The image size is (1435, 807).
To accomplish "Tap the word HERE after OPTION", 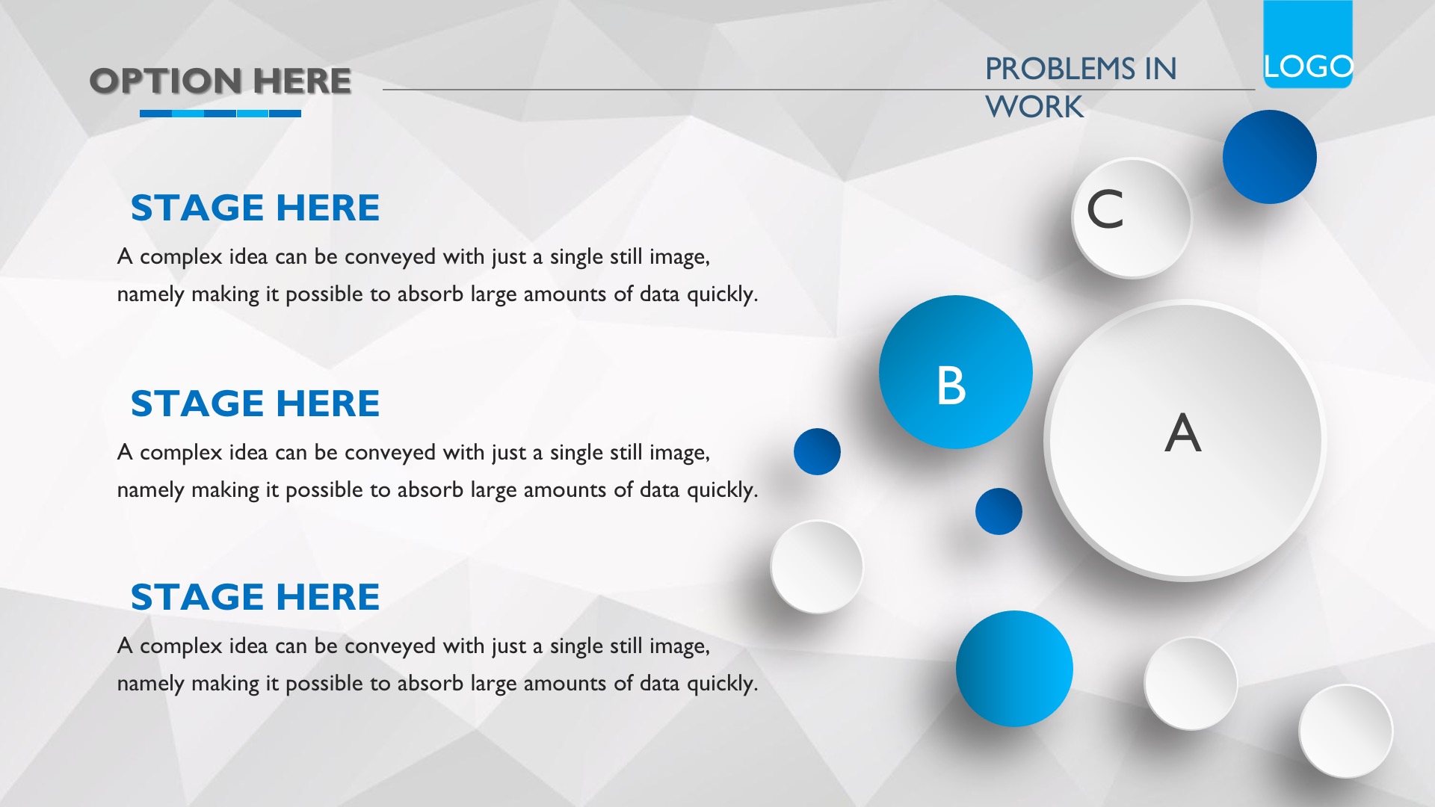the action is coord(302,81).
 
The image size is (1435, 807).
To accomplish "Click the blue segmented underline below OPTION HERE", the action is coord(220,114).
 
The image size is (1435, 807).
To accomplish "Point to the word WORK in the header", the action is coord(1034,107).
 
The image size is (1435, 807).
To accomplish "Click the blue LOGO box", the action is coord(1308,44).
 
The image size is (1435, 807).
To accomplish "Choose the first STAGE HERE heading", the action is coord(255,208).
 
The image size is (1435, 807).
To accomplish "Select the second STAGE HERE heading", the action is coord(255,403).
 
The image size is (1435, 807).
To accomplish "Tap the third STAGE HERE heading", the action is coord(255,597).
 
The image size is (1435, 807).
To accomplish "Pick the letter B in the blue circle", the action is coord(951,386).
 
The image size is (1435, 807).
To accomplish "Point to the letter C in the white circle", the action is coord(1105,209).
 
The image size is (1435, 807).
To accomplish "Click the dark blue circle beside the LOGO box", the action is coord(1269,157).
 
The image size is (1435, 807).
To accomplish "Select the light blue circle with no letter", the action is coord(1014,669).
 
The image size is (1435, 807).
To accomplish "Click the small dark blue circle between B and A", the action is coord(999,511).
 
